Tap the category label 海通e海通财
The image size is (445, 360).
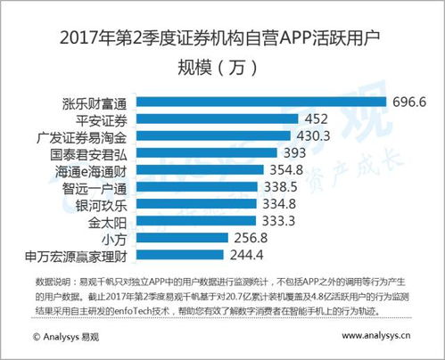pyautogui.click(x=101, y=169)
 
